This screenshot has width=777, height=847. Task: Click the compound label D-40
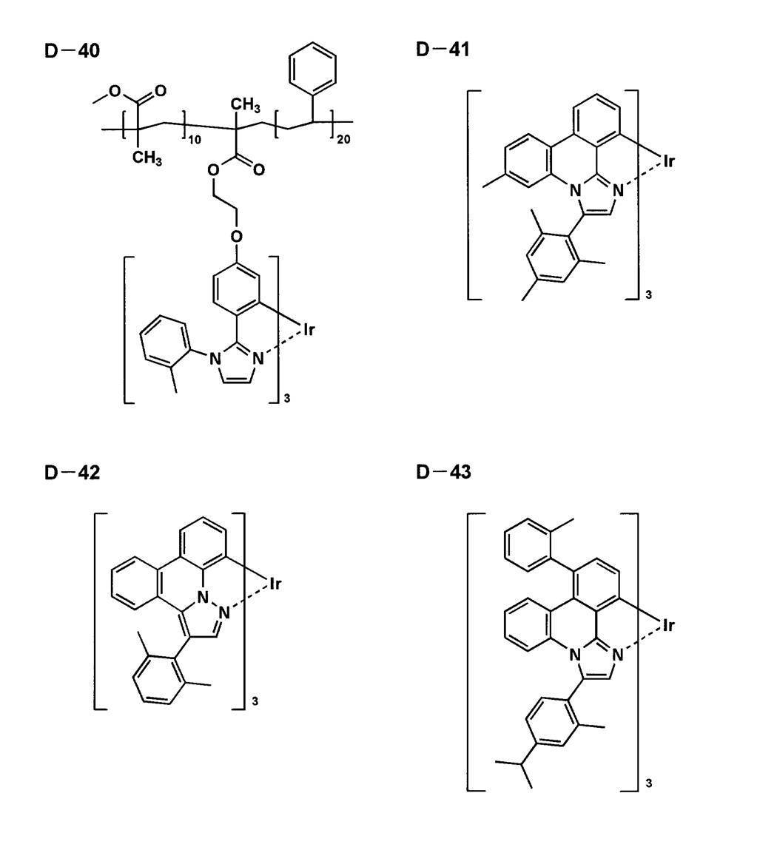pos(72,51)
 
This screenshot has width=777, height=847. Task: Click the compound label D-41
pos(443,49)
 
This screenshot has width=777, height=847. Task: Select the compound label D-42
pos(72,473)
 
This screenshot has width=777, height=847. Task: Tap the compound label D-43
pos(443,471)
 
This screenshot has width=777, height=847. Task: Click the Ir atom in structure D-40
pos(309,329)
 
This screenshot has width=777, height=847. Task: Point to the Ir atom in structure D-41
pos(669,161)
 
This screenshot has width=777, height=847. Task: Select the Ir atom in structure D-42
pos(275,584)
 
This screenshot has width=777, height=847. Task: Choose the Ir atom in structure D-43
pos(669,625)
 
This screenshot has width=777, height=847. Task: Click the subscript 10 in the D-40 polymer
pos(195,140)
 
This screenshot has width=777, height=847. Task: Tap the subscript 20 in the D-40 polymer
pos(343,140)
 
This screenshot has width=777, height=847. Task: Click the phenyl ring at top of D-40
pos(313,67)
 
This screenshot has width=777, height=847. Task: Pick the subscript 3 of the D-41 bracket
pos(648,295)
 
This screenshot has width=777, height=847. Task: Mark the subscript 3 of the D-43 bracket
pos(648,783)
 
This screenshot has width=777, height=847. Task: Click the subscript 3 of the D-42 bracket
pos(255,702)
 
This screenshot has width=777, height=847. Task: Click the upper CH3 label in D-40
pos(246,104)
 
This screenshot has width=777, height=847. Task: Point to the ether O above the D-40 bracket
pos(236,236)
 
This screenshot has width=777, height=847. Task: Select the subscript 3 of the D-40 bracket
pos(287,399)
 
